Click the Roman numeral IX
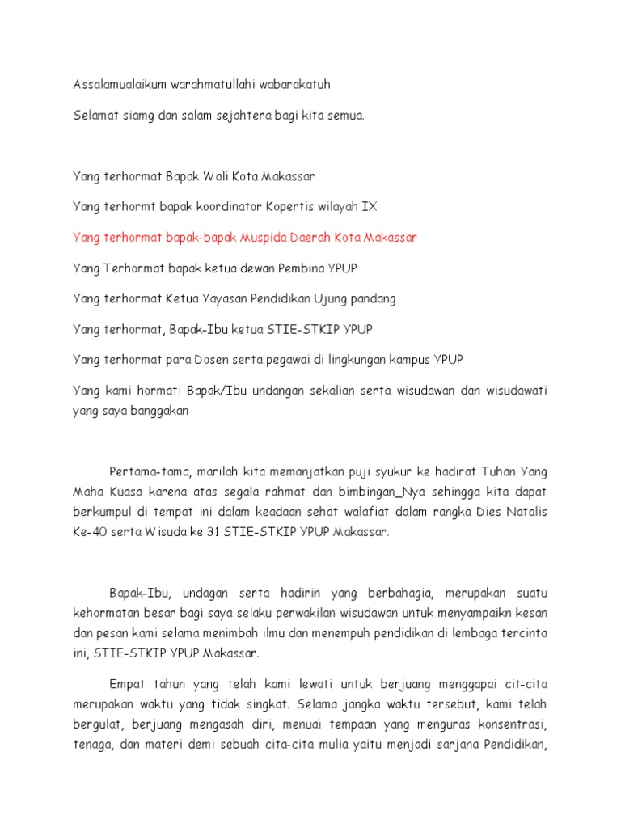(x=369, y=206)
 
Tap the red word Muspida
(x=270, y=237)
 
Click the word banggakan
(x=157, y=411)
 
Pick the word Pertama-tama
(x=149, y=471)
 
